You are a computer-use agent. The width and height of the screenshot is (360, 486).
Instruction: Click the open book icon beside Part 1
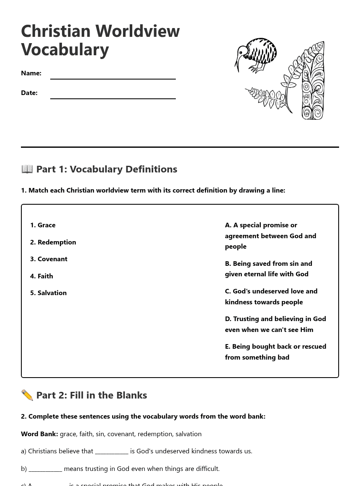click(27, 169)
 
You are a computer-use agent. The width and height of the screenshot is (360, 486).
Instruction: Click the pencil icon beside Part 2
click(27, 395)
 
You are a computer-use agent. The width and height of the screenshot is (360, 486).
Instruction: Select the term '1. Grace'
click(43, 225)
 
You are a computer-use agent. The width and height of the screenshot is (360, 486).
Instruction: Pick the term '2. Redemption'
click(53, 242)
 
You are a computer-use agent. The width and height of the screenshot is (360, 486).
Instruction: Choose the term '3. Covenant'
click(49, 259)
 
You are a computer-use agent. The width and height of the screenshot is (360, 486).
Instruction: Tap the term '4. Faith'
click(41, 276)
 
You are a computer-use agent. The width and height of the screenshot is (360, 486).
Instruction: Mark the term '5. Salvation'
click(48, 293)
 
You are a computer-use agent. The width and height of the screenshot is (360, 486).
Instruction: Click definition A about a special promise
click(270, 235)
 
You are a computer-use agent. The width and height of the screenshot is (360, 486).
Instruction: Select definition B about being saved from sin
click(268, 268)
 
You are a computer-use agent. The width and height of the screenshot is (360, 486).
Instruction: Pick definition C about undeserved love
click(271, 296)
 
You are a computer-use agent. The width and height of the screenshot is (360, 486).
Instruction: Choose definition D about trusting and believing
click(275, 324)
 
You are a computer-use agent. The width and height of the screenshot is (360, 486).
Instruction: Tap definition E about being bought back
click(275, 351)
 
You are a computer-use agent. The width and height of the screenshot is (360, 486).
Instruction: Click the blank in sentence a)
click(112, 451)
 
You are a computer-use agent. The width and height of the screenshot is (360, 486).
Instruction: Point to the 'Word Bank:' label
click(39, 434)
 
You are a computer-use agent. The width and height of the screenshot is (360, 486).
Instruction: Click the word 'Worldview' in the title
click(137, 31)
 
